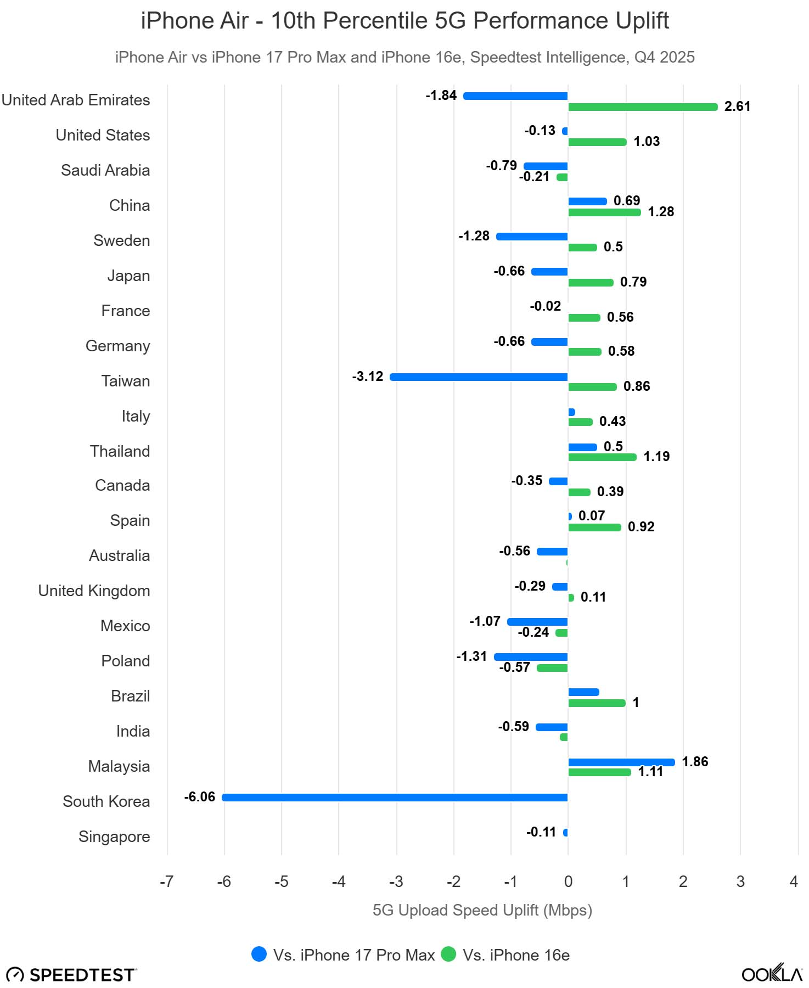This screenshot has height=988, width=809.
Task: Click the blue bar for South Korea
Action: click(395, 797)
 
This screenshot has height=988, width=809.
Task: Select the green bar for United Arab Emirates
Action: click(643, 107)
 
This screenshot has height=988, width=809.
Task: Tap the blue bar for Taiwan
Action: click(479, 377)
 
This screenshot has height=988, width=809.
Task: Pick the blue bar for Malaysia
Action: click(621, 762)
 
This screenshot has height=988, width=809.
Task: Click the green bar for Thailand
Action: click(602, 457)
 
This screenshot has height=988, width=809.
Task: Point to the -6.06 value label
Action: click(199, 797)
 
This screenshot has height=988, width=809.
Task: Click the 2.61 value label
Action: click(737, 106)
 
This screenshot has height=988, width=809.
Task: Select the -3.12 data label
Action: click(367, 377)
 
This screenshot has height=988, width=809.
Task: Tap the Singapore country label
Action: click(114, 837)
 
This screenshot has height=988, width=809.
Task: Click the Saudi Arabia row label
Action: click(105, 170)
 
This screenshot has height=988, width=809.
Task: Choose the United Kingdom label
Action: click(94, 591)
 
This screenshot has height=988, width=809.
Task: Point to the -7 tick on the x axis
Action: click(166, 882)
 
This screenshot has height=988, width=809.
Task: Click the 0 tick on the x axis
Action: click(568, 882)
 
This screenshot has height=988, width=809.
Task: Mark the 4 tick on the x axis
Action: click(793, 882)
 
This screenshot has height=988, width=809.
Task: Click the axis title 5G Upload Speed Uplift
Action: click(482, 910)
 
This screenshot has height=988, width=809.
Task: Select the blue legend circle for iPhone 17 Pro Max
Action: click(259, 955)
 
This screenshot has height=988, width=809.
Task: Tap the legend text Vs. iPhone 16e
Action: click(516, 955)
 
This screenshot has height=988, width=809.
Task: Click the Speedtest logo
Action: click(71, 974)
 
